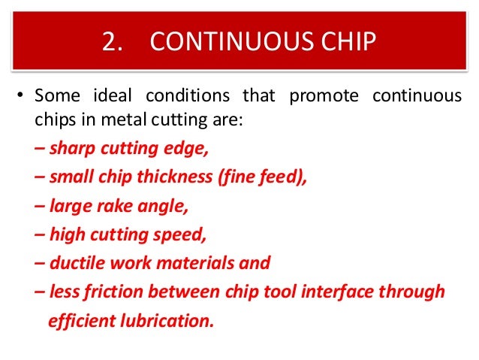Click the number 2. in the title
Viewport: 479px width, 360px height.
[x=111, y=42]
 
